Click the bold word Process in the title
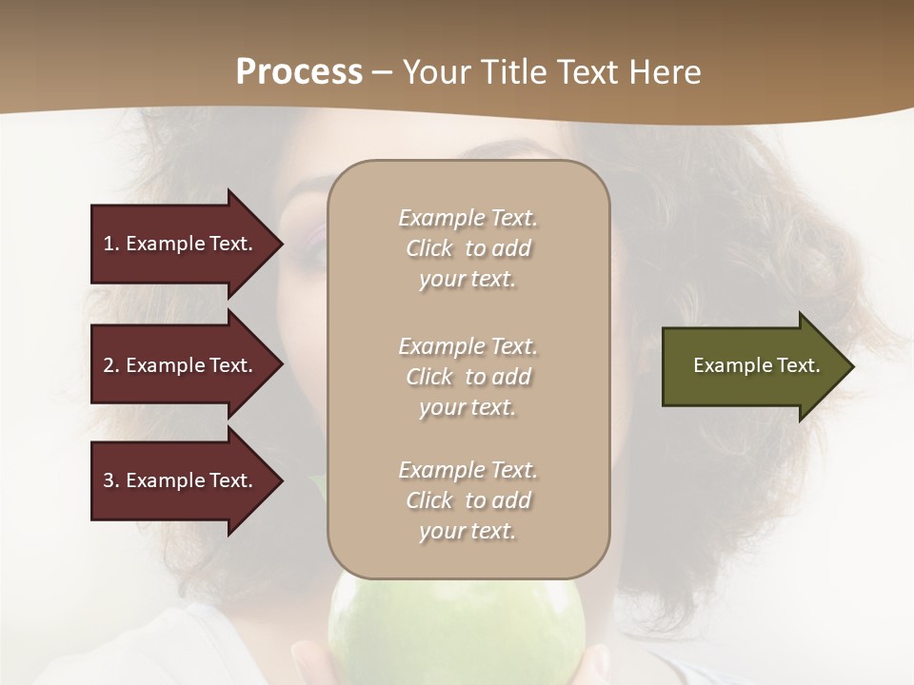point(299,72)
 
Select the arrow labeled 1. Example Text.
point(181,244)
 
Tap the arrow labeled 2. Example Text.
point(181,365)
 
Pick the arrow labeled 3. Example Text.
point(181,480)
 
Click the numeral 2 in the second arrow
point(109,365)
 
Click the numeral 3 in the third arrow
point(109,480)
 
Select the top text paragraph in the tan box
point(467,248)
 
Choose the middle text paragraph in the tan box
point(467,377)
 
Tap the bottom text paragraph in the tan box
point(467,500)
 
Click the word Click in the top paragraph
point(428,248)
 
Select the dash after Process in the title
point(383,72)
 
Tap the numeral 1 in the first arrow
point(109,244)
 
